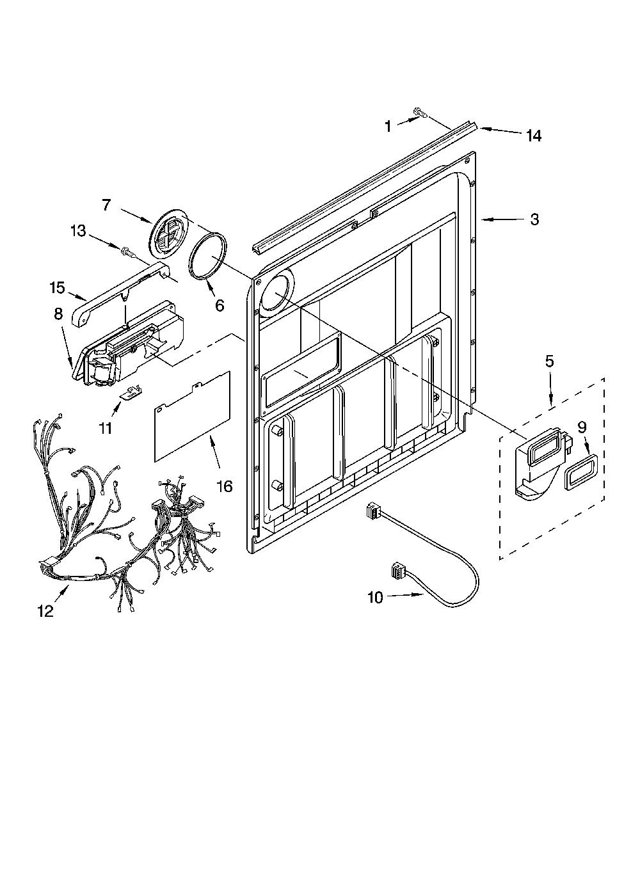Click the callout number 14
click(x=534, y=136)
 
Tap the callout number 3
click(x=534, y=219)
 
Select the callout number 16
click(x=225, y=486)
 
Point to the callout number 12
click(x=45, y=611)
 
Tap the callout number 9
click(x=582, y=427)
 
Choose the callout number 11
click(x=106, y=427)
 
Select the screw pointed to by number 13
click(x=128, y=251)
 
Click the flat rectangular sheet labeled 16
click(x=192, y=416)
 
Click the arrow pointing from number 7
click(x=136, y=217)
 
